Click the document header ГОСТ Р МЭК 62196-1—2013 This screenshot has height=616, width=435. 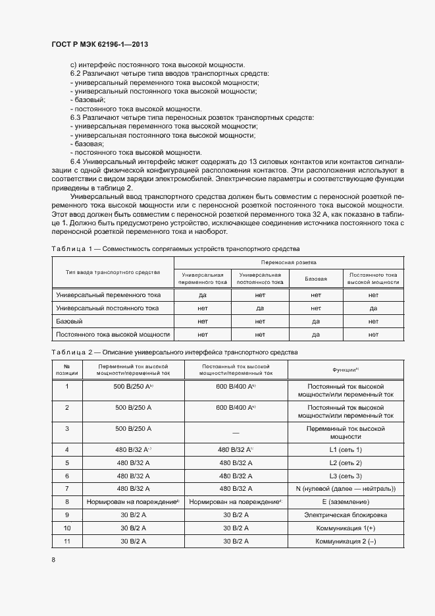pyautogui.click(x=99, y=44)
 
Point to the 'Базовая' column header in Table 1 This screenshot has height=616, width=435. pyautogui.click(x=316, y=278)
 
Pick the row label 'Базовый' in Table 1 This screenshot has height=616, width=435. pyautogui.click(x=69, y=322)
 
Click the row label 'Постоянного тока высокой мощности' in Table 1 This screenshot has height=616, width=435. pyautogui.click(x=113, y=335)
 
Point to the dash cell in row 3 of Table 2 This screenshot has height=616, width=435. pyautogui.click(x=236, y=432)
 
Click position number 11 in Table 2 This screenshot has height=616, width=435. pyautogui.click(x=66, y=542)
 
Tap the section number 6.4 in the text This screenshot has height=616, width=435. pyautogui.click(x=74, y=161)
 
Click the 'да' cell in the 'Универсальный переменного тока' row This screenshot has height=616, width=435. pyautogui.click(x=203, y=295)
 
